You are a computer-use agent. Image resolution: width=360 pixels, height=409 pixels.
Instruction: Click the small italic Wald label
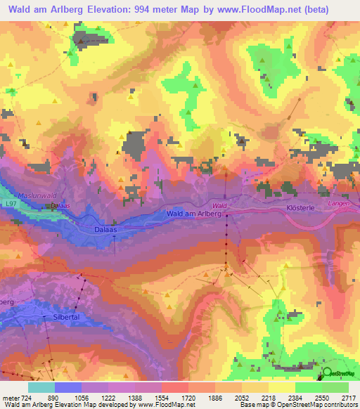point(219,204)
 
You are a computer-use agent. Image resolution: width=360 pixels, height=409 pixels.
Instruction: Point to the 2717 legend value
point(348,397)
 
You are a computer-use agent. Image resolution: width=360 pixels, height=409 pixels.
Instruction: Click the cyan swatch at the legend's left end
point(41,387)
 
